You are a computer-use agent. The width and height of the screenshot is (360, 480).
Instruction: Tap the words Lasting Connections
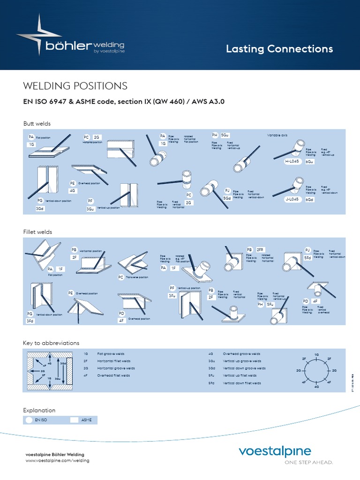tap(279, 49)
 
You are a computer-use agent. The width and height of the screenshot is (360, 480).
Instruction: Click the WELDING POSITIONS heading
tap(75, 86)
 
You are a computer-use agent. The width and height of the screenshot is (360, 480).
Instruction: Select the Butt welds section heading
tap(37, 124)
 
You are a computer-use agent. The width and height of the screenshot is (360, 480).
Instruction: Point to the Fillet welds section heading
tap(37, 232)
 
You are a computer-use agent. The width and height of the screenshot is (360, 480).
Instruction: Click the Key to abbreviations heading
tap(51, 343)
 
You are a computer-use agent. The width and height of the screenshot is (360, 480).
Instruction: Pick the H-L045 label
tap(292, 161)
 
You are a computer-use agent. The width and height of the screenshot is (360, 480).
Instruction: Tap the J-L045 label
tap(292, 199)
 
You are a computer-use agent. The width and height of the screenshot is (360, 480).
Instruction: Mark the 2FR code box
tap(261, 249)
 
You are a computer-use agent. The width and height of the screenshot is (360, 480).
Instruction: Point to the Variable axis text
tap(277, 135)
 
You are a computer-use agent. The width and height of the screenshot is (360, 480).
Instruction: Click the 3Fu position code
tap(172, 296)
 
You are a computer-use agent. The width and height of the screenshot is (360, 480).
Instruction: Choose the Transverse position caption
tap(136, 277)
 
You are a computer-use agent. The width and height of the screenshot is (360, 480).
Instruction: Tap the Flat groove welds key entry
tap(111, 353)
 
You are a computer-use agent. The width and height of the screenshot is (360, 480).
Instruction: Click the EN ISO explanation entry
tap(42, 420)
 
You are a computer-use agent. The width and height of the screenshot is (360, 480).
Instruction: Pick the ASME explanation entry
tap(87, 420)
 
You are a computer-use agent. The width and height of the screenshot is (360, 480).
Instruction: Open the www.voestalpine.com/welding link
tap(57, 461)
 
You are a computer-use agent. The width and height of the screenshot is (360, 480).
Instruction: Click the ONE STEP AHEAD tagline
tap(309, 462)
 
